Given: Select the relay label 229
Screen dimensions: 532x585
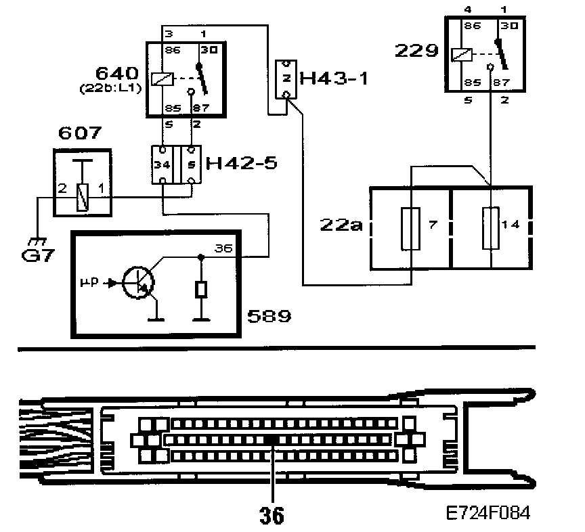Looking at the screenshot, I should coord(416,51).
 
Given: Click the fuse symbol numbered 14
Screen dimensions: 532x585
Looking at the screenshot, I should coord(491,229).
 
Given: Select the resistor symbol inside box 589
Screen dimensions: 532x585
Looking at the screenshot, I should coord(200,290).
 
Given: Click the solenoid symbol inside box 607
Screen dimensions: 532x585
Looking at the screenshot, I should coord(83,198).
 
